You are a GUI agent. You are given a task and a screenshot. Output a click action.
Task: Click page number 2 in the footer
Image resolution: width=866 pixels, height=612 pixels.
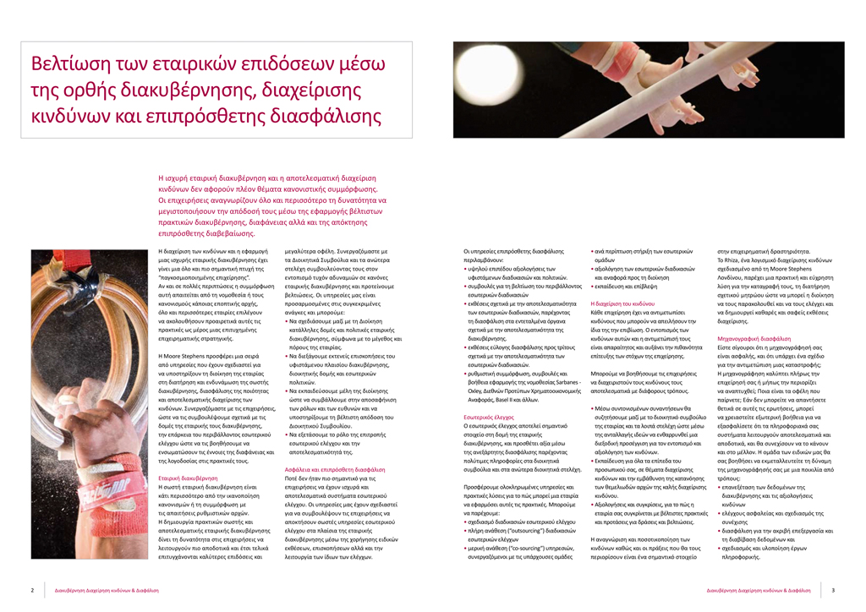[32, 590]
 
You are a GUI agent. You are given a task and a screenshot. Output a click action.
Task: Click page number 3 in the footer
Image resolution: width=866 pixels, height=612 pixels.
[833, 590]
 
